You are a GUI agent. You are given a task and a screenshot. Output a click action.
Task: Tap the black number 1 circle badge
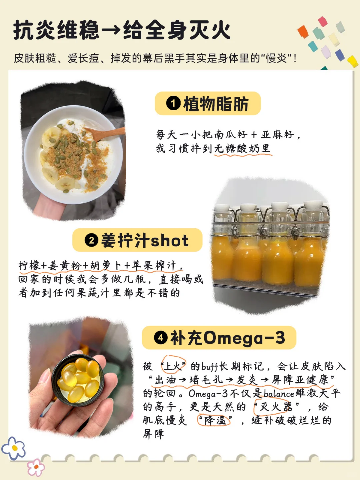click(x=173, y=103)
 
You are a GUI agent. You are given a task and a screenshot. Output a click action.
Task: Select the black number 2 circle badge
click(x=91, y=240)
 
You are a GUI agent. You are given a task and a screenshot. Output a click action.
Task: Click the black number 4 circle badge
click(x=161, y=338)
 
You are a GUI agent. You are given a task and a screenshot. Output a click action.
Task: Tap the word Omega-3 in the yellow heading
click(x=244, y=338)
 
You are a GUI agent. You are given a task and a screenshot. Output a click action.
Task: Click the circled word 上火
click(x=173, y=366)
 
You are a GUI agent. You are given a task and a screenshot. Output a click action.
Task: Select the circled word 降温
click(x=214, y=420)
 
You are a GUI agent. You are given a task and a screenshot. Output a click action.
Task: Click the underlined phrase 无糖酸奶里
click(x=242, y=149)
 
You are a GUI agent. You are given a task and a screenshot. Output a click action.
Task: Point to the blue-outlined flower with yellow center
click(x=13, y=448)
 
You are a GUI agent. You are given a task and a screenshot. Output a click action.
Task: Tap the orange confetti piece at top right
click(x=303, y=32)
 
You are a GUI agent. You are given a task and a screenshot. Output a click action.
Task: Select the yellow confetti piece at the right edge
click(x=353, y=61)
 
